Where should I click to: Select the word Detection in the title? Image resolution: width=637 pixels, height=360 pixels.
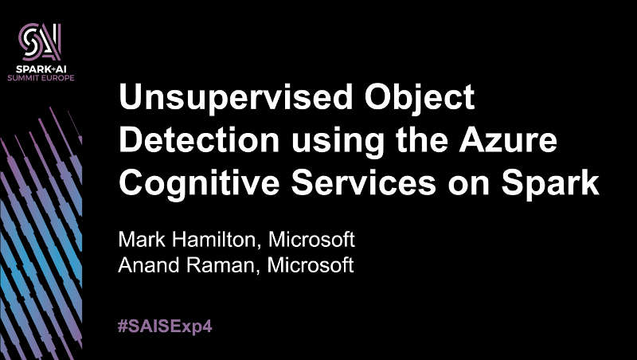pyautogui.click(x=200, y=141)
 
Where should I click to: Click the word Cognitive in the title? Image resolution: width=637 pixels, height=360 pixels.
pyautogui.click(x=199, y=184)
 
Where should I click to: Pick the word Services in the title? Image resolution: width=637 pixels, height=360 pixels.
pyautogui.click(x=364, y=183)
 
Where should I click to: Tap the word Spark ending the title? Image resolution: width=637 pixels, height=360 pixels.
pyautogui.click(x=550, y=184)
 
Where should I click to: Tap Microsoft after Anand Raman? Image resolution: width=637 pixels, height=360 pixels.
pyautogui.click(x=311, y=265)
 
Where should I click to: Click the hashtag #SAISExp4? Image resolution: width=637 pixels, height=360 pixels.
pyautogui.click(x=165, y=327)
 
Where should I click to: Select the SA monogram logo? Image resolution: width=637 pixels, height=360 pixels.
pyautogui.click(x=41, y=42)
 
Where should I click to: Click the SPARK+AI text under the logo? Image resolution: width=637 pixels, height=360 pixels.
pyautogui.click(x=41, y=69)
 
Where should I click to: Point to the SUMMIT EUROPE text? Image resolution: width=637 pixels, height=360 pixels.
pyautogui.click(x=41, y=77)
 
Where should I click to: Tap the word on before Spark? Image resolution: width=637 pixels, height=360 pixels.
pyautogui.click(x=469, y=186)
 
